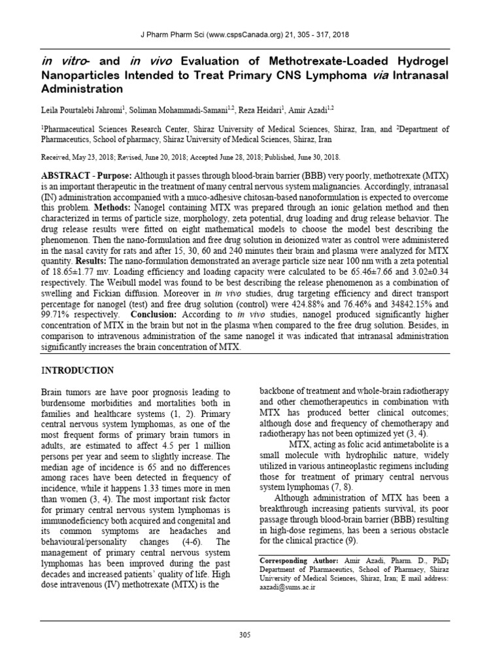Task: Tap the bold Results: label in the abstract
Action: tap(90, 259)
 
